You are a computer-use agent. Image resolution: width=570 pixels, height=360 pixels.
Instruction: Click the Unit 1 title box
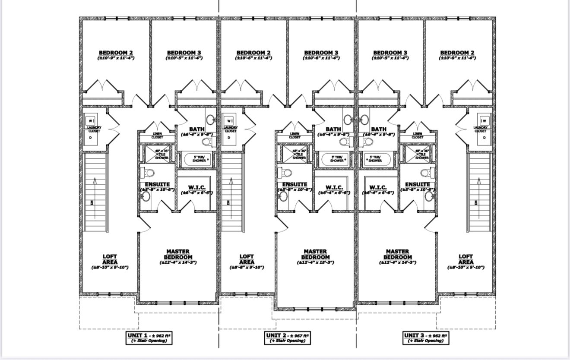(149, 338)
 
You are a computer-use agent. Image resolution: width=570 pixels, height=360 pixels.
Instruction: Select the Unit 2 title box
(288, 338)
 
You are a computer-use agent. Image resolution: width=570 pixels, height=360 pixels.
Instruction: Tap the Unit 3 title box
(426, 338)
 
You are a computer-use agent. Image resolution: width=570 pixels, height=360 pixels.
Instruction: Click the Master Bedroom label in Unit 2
(315, 254)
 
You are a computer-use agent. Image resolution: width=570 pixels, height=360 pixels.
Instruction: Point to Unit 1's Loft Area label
(110, 259)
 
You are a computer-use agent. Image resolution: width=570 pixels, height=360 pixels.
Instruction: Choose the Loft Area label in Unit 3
(465, 259)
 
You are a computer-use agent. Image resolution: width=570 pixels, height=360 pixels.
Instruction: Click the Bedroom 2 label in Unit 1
(116, 53)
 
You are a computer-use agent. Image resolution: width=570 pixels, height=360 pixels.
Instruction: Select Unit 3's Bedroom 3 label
(390, 53)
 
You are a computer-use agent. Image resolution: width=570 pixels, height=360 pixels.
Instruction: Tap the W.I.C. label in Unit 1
(196, 187)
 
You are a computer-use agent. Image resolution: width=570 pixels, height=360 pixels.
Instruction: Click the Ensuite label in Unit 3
(418, 184)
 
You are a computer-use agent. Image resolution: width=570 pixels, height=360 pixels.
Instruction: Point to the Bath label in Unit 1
(197, 129)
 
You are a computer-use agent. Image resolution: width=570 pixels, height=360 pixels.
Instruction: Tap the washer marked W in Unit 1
(91, 121)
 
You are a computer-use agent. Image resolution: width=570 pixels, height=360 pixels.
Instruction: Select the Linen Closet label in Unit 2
(295, 136)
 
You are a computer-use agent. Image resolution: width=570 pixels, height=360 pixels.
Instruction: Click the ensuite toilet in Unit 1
(149, 173)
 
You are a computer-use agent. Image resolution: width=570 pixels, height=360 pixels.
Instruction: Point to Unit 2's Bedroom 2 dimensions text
(253, 58)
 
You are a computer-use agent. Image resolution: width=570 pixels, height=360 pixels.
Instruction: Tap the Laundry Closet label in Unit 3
(480, 129)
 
